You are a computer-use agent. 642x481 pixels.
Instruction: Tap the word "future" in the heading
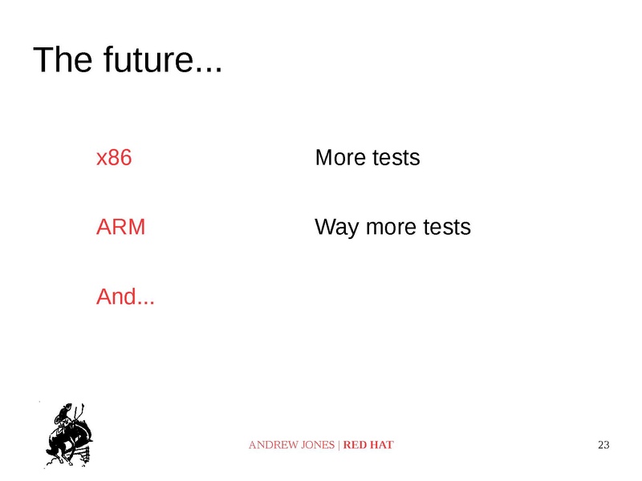click(x=148, y=62)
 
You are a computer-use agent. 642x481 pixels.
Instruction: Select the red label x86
click(x=114, y=158)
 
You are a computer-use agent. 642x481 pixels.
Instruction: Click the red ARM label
click(x=121, y=228)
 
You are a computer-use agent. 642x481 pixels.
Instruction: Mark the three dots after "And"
click(x=146, y=304)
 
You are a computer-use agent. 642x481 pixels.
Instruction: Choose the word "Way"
click(x=336, y=228)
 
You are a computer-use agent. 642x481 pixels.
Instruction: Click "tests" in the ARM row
click(x=446, y=228)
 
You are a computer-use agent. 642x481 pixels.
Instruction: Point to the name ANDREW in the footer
click(x=270, y=445)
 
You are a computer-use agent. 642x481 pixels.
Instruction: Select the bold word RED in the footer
click(x=356, y=445)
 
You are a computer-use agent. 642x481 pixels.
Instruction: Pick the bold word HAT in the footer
click(x=382, y=445)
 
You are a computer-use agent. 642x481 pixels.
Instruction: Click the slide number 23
click(x=604, y=445)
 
